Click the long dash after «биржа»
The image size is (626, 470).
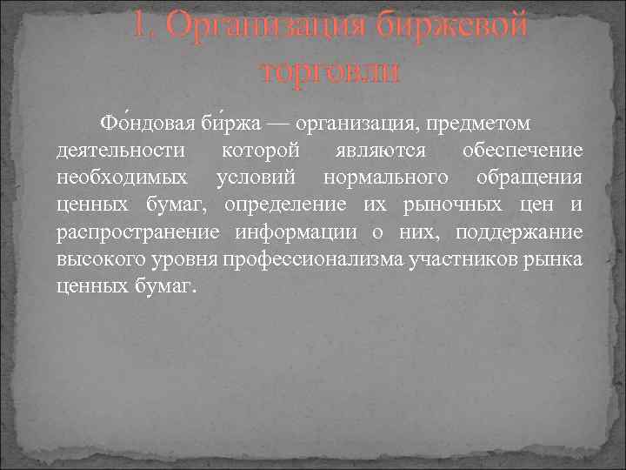pos(272,124)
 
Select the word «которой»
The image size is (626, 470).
pos(260,151)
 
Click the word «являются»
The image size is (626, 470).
pos(381,151)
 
